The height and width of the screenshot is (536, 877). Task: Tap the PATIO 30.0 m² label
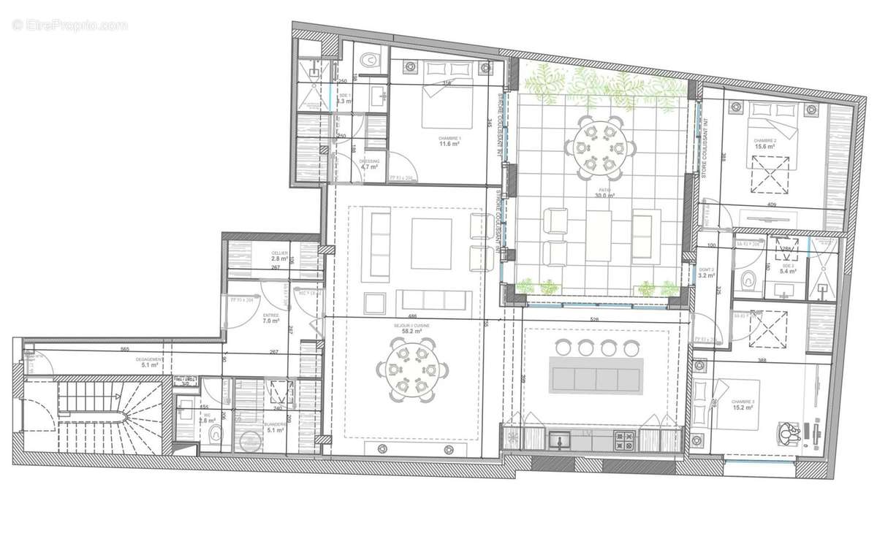603,194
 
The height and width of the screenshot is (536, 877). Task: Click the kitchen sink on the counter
561,440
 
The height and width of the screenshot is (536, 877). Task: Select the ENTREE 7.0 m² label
270,318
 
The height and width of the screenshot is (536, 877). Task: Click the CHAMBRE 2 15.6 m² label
764,143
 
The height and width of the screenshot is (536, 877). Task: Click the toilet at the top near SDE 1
371,59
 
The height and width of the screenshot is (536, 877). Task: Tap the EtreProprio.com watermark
69,25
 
